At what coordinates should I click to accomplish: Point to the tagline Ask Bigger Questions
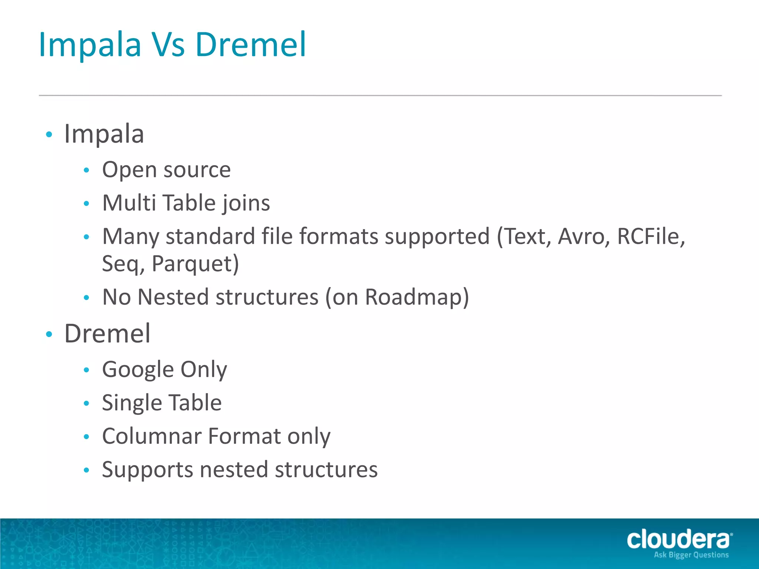click(x=691, y=555)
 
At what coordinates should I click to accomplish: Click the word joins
click(x=246, y=203)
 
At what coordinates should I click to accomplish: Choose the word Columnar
click(x=151, y=436)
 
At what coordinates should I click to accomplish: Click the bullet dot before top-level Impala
click(x=49, y=134)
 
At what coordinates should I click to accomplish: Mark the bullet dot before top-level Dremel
click(x=49, y=335)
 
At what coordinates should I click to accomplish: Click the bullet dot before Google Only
click(x=87, y=370)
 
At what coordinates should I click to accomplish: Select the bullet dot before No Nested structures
click(x=87, y=297)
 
